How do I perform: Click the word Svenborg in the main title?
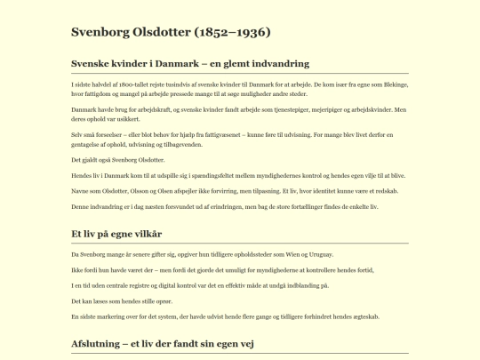pyautogui.click(x=100, y=33)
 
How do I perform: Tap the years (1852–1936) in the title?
pyautogui.click(x=229, y=33)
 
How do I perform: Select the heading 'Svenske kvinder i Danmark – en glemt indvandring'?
pyautogui.click(x=190, y=64)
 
